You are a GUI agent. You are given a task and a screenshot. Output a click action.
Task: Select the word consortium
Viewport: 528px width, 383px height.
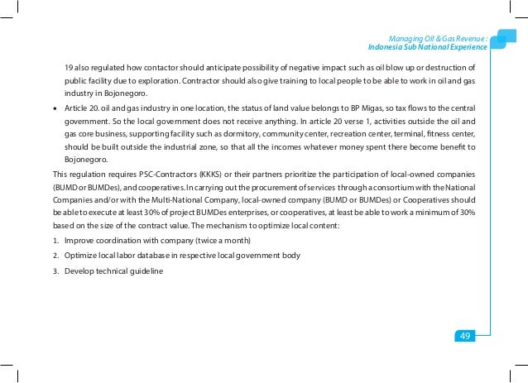point(392,188)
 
